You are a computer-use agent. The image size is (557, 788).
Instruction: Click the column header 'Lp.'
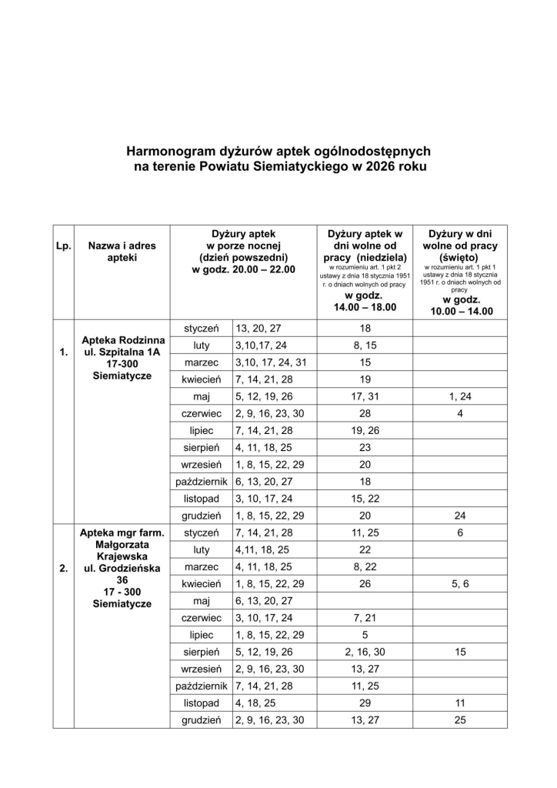pos(63,246)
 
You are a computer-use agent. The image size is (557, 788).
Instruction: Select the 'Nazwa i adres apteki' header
pos(122,252)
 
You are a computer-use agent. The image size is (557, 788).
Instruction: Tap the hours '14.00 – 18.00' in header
pos(365,307)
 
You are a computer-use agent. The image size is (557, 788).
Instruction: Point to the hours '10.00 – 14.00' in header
pos(459,312)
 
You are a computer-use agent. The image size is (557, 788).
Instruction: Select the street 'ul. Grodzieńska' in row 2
pos(122,569)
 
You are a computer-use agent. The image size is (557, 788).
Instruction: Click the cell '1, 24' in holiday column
pos(459,396)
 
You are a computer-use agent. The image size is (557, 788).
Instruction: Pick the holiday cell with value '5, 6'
pos(459,583)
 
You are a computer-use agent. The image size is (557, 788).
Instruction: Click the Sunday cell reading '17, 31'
pos(365,396)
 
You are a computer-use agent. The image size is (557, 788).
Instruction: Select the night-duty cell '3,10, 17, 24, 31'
pos(274,362)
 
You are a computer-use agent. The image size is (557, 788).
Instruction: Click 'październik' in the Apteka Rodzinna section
pos(201,481)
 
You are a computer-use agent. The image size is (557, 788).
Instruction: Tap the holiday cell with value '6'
pos(459,533)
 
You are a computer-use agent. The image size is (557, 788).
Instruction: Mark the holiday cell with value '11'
pos(459,703)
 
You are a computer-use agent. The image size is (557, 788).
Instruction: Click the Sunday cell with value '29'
pos(365,703)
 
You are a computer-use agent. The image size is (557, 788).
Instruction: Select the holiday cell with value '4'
pos(459,413)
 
